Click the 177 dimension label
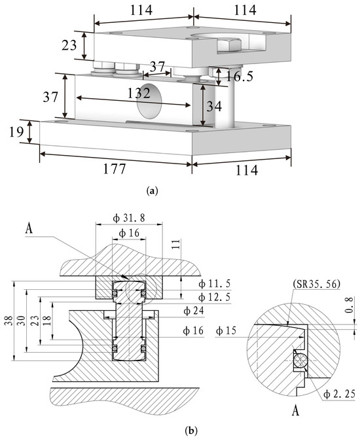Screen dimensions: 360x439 click(x=115, y=169)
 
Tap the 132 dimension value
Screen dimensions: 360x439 click(x=139, y=93)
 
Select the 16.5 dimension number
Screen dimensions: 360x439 click(x=240, y=76)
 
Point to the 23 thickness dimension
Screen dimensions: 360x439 click(x=69, y=45)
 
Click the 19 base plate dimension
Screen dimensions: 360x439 click(x=16, y=132)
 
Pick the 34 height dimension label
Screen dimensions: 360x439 click(x=214, y=106)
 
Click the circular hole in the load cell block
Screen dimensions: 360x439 click(x=149, y=101)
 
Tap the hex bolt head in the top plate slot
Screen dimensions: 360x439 click(x=229, y=46)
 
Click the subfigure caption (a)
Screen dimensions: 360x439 click(x=153, y=191)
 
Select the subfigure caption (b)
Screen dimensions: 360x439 click(x=192, y=430)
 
